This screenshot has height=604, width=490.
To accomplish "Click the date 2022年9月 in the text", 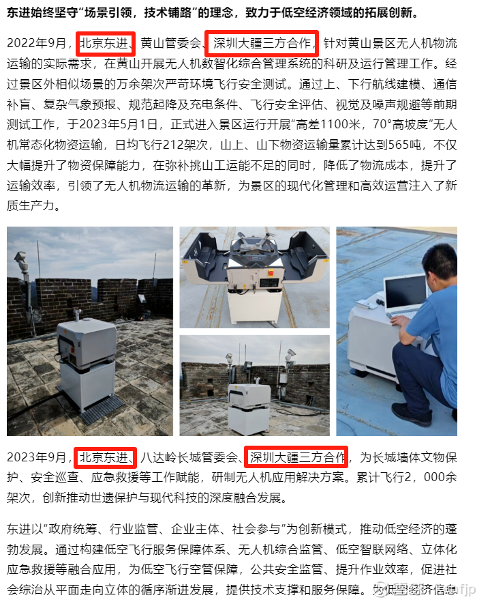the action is tap(37, 43).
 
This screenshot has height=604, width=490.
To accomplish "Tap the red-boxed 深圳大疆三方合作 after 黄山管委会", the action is tap(262, 43).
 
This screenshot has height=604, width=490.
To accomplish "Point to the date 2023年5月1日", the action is tap(119, 124).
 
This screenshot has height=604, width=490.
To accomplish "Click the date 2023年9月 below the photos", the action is tap(37, 457).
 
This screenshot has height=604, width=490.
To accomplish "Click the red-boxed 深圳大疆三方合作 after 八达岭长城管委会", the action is tap(297, 457).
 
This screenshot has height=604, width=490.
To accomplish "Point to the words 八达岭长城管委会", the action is tap(189, 457).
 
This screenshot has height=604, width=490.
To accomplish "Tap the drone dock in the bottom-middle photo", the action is tap(248, 407).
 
